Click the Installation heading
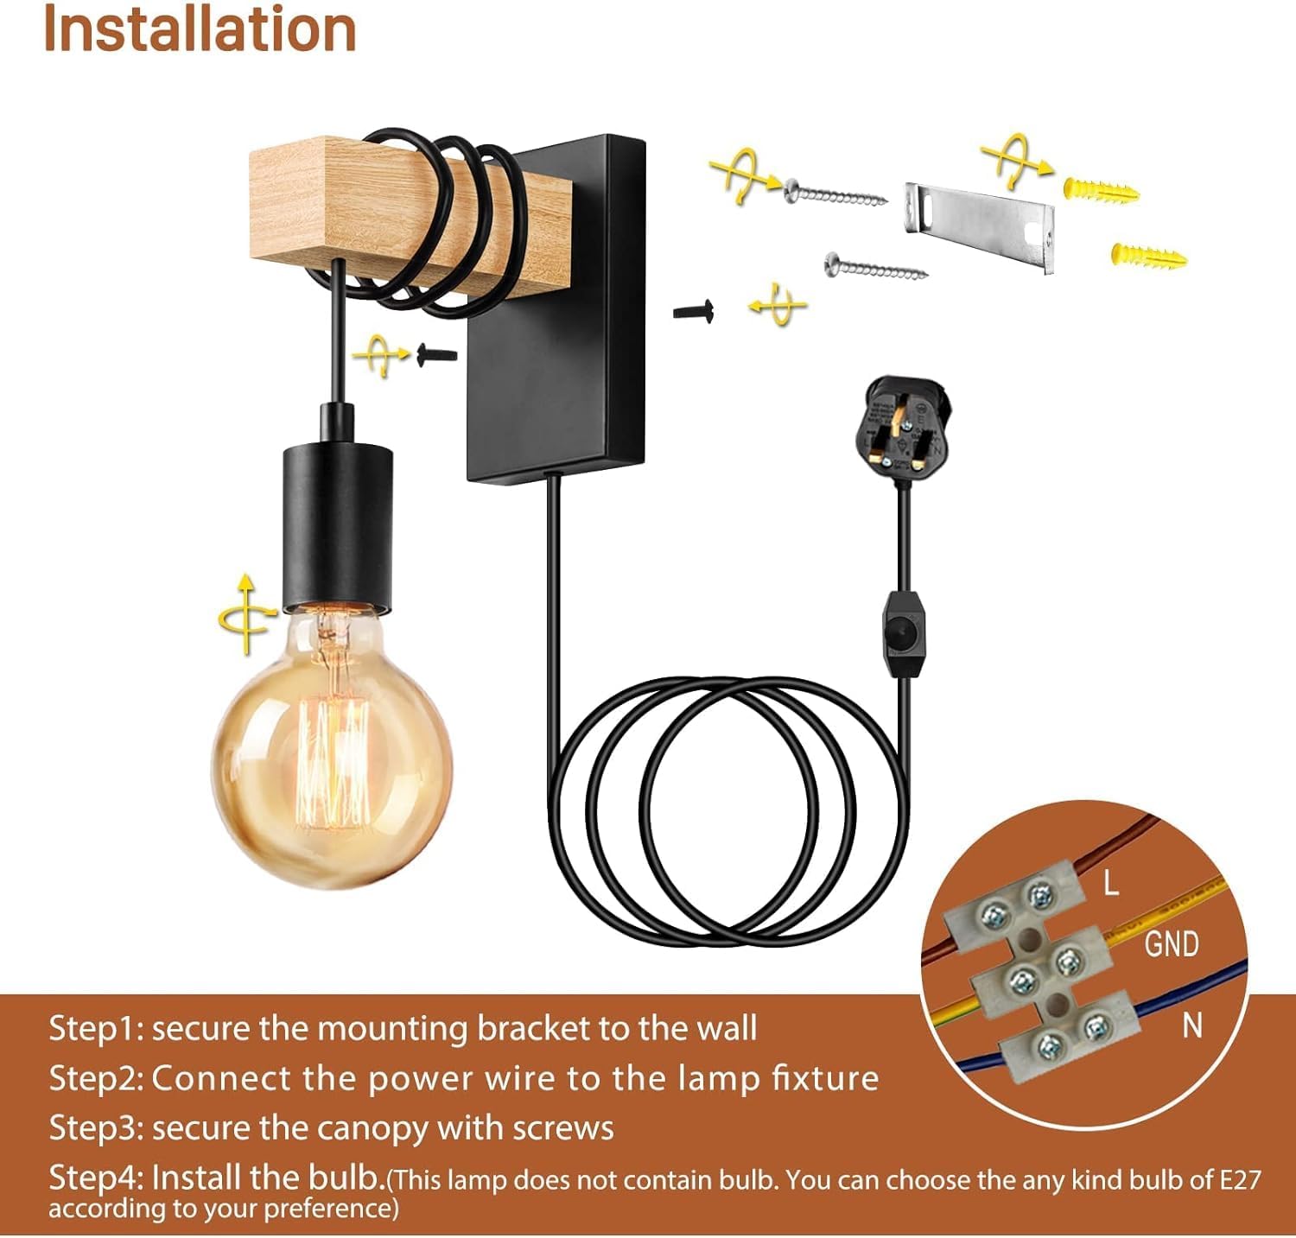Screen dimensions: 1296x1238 point(200,29)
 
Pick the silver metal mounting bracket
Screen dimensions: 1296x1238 point(981,226)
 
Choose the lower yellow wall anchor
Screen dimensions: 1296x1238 point(1147,256)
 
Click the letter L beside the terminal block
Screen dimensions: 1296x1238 point(1110,882)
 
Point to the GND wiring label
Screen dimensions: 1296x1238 point(1171,943)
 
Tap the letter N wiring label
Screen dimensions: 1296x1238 point(1192,1025)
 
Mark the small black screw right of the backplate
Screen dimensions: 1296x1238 point(694,310)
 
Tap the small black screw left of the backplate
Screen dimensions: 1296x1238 point(437,352)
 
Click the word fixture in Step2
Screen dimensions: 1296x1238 point(824,1078)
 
